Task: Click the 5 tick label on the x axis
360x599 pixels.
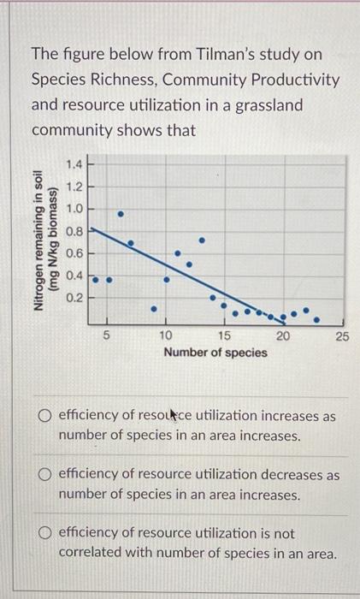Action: pos(107,335)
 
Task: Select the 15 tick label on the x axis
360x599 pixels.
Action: pos(225,335)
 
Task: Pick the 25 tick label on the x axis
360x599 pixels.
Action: pos(341,335)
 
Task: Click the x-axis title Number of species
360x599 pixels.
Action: pos(215,353)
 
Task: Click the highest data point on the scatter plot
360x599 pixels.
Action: pos(121,212)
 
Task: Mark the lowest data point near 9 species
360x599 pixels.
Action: pos(154,309)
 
